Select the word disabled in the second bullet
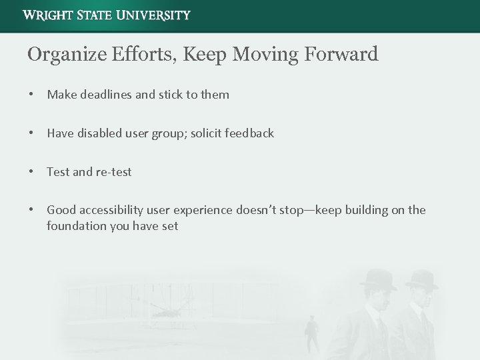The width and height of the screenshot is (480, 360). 101,133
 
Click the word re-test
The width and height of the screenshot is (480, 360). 114,172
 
